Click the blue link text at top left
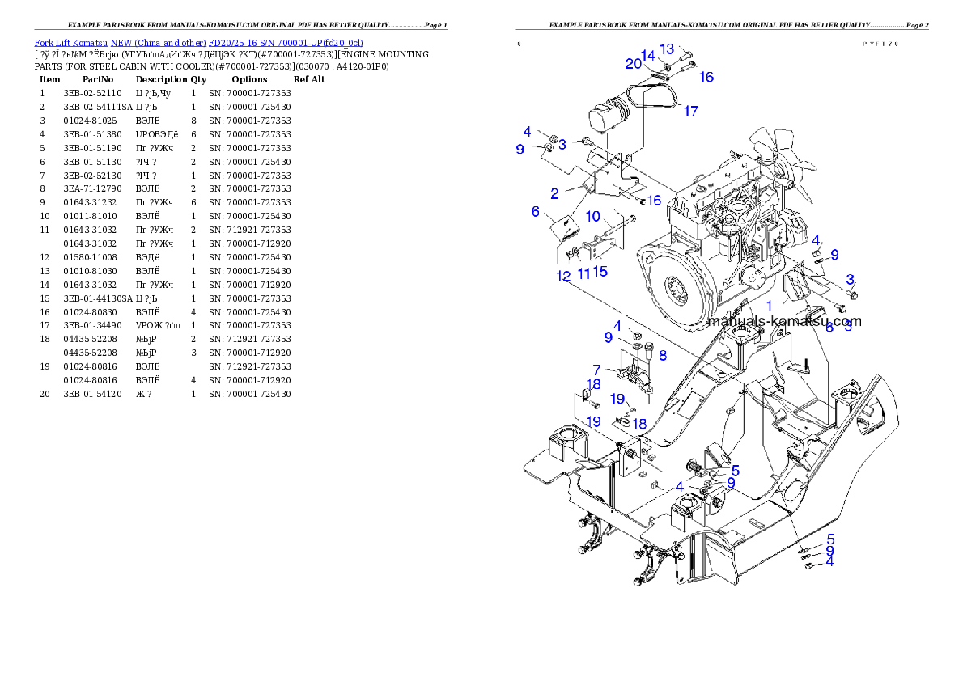click(198, 42)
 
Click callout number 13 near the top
click(667, 49)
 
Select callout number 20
click(633, 64)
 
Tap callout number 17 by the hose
click(690, 112)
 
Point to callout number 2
click(554, 193)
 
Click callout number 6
click(535, 211)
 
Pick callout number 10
click(593, 216)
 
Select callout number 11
click(583, 273)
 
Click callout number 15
click(600, 272)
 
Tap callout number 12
click(563, 276)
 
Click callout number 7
click(596, 370)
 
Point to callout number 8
click(662, 354)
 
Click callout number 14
click(648, 55)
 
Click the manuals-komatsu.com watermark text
click(783, 321)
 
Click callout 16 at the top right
click(706, 78)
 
